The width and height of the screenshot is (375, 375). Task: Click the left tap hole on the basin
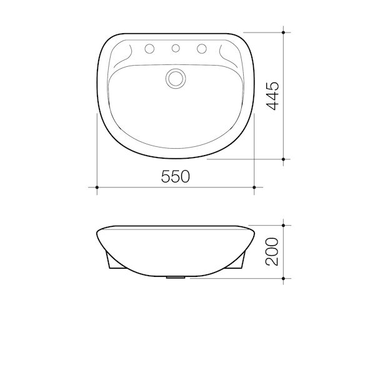click(x=150, y=48)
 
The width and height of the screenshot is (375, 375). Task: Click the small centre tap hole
click(x=176, y=48)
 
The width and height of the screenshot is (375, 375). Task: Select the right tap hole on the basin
click(x=201, y=48)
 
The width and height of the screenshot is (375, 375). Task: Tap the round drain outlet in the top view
click(x=176, y=78)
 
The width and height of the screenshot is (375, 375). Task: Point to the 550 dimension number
click(x=176, y=177)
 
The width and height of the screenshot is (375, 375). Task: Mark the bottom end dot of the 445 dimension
click(x=284, y=159)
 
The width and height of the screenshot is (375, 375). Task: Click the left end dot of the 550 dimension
click(x=97, y=186)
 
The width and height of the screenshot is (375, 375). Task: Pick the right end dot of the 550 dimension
click(x=254, y=186)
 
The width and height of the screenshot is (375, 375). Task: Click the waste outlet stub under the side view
click(x=176, y=276)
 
